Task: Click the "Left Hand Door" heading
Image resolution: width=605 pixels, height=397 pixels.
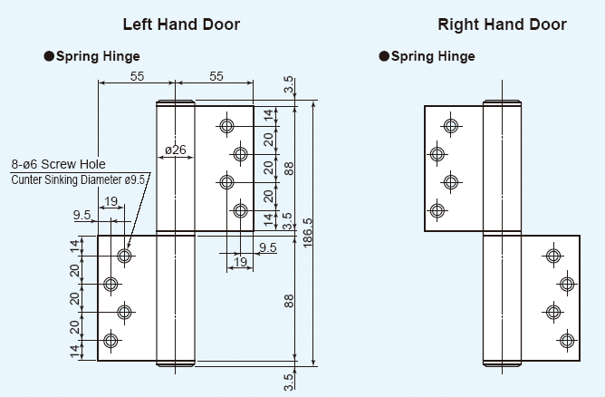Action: click(x=181, y=24)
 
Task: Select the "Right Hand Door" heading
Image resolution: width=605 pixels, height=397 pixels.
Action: click(x=502, y=24)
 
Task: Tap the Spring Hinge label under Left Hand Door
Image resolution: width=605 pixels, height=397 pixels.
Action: click(x=98, y=56)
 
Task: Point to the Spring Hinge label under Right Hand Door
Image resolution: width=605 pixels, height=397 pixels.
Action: click(x=433, y=56)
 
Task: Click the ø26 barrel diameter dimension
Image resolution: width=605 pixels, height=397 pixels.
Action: click(x=176, y=150)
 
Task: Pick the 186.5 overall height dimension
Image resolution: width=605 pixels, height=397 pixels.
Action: click(x=309, y=234)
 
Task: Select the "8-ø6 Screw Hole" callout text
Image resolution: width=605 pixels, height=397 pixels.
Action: click(x=59, y=164)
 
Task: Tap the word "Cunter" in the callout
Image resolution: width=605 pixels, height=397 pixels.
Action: click(x=28, y=179)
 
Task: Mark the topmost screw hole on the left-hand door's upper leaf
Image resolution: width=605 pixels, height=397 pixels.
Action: click(x=226, y=125)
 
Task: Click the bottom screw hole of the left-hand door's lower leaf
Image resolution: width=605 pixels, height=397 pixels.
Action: click(x=110, y=342)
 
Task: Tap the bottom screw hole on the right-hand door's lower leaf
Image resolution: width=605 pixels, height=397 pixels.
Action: click(x=567, y=341)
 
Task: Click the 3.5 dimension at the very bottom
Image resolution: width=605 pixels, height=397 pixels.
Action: click(x=289, y=381)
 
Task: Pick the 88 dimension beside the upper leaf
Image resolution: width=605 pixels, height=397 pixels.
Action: click(x=289, y=168)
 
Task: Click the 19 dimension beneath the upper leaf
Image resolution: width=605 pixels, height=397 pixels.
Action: click(x=239, y=262)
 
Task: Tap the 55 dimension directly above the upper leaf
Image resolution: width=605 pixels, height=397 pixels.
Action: click(x=216, y=77)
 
